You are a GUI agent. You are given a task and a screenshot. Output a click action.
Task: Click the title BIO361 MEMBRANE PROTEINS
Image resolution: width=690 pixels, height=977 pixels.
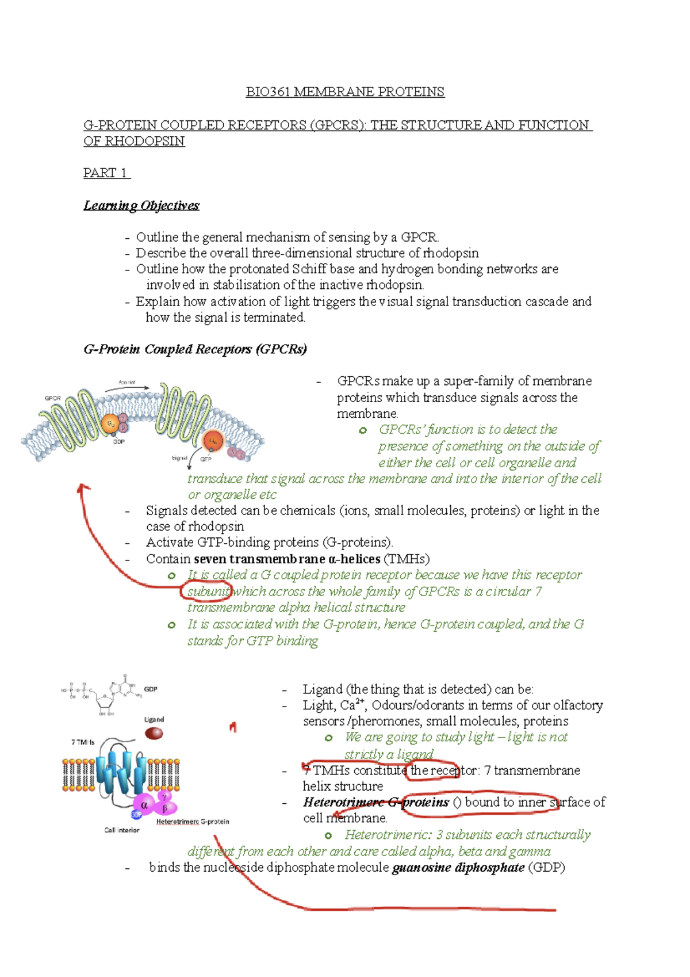345,92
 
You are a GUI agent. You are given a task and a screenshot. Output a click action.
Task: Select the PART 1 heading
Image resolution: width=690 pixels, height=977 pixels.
106,173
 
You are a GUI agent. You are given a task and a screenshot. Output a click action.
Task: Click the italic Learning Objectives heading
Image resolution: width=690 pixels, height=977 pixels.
141,206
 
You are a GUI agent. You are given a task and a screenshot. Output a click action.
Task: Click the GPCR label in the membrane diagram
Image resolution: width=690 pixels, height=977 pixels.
52,398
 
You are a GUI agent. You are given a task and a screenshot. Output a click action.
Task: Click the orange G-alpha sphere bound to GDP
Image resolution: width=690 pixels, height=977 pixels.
110,424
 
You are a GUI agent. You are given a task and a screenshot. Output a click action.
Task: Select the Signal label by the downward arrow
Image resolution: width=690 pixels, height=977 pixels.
179,458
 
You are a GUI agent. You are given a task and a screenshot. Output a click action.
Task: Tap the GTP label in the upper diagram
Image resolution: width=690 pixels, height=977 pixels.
206,459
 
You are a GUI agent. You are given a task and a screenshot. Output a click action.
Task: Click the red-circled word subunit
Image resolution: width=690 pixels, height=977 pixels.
206,591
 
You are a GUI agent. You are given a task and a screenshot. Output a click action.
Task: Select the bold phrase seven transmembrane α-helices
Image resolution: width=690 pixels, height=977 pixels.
287,559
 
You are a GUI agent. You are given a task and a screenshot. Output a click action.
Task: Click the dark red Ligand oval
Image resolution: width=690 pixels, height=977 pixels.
154,733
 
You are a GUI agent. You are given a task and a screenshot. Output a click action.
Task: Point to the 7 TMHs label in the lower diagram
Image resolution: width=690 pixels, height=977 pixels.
83,742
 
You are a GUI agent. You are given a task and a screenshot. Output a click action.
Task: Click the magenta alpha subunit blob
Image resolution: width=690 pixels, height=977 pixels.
144,805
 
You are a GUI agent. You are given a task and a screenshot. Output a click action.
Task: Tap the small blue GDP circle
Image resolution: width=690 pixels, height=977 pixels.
136,815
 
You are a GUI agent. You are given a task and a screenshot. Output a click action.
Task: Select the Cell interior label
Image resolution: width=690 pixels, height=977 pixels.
122,830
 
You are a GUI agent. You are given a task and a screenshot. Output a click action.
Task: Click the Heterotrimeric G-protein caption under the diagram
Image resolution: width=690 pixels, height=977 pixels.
193,822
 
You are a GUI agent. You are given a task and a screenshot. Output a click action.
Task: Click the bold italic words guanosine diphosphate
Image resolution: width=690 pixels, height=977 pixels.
458,868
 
